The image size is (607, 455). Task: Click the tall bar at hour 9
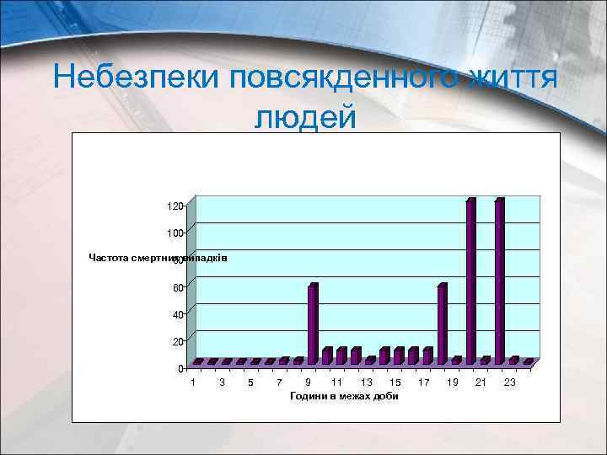[313, 324]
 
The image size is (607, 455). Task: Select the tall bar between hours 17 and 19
[442, 324]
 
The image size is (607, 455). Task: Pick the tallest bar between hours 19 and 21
[470, 281]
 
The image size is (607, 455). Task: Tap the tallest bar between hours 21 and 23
[499, 281]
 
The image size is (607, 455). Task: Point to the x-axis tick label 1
[194, 383]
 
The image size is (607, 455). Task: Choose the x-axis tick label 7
[279, 383]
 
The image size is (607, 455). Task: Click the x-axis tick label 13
[366, 383]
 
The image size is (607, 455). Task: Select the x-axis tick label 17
[423, 383]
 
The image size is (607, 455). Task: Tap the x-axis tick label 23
[509, 383]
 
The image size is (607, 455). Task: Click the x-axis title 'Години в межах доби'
[343, 396]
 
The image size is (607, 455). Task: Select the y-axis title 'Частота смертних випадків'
[158, 257]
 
